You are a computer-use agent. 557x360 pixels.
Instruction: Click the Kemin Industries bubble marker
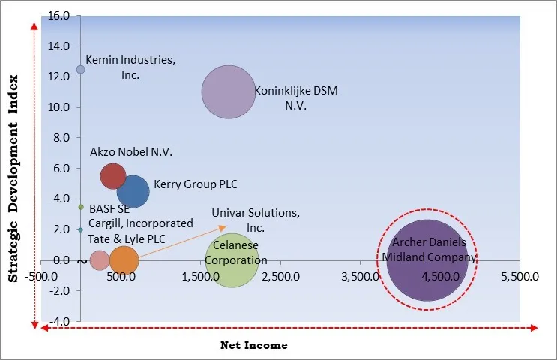tap(81, 70)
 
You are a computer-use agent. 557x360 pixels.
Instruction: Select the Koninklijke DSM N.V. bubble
tap(229, 92)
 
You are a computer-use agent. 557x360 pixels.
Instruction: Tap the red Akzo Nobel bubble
tap(113, 175)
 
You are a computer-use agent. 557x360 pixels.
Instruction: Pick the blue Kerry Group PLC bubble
tap(133, 190)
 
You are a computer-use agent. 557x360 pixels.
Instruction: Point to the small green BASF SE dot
tap(81, 207)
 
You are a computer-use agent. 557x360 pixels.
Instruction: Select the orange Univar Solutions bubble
tap(124, 260)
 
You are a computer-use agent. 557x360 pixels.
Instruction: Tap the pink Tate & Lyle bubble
tap(99, 260)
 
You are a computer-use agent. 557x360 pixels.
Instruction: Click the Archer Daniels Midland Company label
tap(426, 250)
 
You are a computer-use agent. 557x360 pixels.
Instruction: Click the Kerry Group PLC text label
tap(196, 184)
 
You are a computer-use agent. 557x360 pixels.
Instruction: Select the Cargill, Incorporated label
tap(140, 223)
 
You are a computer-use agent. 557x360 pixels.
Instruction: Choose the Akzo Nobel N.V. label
tap(131, 152)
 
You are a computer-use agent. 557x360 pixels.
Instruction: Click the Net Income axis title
tap(253, 345)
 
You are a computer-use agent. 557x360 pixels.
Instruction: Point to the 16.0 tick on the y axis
tap(59, 16)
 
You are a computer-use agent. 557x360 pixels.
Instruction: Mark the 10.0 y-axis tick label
tap(59, 107)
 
